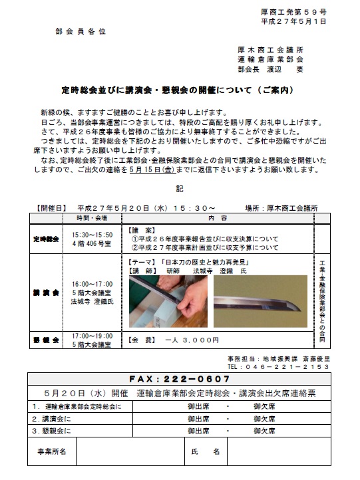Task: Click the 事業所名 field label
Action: (51, 451)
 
